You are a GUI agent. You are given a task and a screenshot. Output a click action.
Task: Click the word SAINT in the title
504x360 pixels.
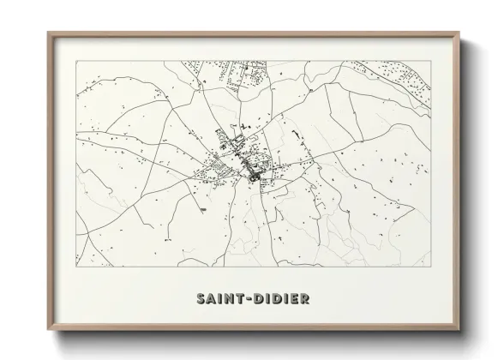coord(219,299)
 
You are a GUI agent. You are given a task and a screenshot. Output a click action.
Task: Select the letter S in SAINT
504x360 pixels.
coord(200,299)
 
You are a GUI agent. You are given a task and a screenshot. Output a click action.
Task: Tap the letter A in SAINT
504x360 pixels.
coord(209,299)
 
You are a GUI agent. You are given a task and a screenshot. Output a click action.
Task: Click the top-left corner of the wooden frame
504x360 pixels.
coord(48,33)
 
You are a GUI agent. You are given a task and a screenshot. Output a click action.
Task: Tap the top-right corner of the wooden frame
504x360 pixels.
coord(459,33)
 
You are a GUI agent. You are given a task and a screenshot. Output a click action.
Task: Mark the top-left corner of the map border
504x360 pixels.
coord(76,61)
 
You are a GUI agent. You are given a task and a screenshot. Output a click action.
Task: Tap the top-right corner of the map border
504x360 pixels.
coord(430,61)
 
